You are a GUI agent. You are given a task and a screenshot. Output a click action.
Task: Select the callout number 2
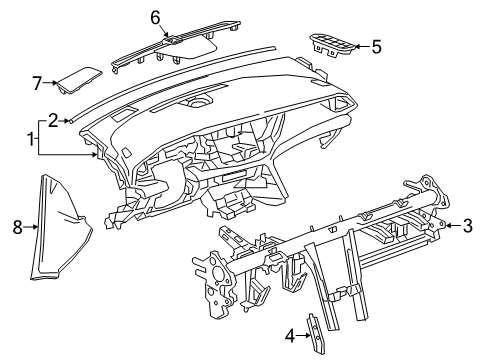click(x=53, y=118)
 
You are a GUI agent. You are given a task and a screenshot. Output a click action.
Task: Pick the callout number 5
click(x=377, y=45)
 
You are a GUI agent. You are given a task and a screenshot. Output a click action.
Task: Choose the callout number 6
click(x=155, y=16)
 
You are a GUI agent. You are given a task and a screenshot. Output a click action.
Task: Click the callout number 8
click(x=16, y=227)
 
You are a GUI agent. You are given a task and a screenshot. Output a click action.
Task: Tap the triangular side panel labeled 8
click(x=61, y=226)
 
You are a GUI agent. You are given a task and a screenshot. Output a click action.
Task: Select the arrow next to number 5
click(x=362, y=45)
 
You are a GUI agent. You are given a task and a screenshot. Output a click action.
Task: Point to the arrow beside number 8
click(x=31, y=227)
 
